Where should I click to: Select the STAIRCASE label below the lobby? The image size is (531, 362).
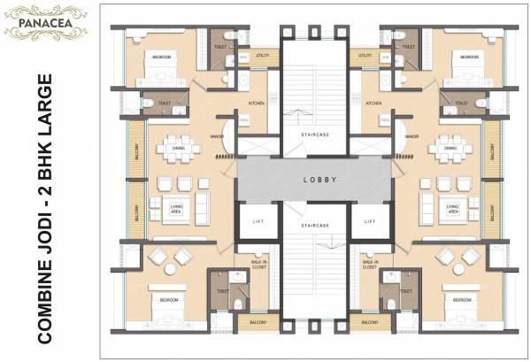tap(314, 227)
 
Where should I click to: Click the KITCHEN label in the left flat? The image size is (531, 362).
tap(256, 104)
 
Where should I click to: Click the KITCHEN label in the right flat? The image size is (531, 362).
tap(373, 104)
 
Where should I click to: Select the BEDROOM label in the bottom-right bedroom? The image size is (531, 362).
tap(461, 300)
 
